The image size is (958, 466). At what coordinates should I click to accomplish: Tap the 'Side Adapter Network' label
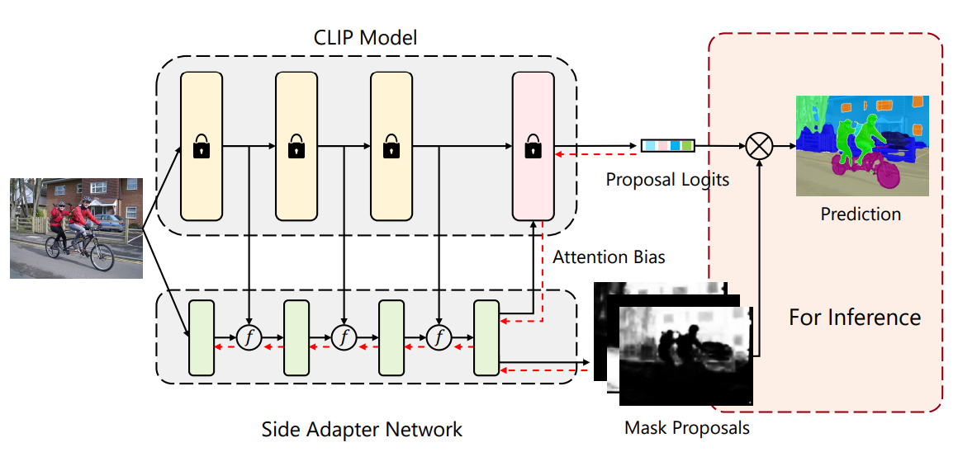[362, 430]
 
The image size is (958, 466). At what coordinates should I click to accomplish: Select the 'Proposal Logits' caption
[667, 179]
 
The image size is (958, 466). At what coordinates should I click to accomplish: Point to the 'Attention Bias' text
[609, 257]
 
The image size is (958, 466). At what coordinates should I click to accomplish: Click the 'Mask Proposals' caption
[687, 428]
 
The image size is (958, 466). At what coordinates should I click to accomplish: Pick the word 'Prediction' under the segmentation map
[861, 214]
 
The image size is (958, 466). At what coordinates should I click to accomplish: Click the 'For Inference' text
[855, 317]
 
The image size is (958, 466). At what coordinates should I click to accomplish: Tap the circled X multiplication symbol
[759, 147]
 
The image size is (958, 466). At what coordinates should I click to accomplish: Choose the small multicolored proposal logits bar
[668, 146]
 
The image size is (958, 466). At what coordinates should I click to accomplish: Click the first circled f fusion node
[249, 337]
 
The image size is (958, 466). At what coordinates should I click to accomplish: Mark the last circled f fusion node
[439, 337]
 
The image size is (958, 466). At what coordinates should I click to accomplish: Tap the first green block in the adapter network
[202, 338]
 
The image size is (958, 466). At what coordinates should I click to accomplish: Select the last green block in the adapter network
[486, 338]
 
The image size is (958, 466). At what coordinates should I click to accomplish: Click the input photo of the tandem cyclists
[76, 228]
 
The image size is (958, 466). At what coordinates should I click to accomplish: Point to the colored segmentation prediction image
[862, 145]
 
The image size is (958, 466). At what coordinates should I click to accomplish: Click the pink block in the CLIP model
[533, 146]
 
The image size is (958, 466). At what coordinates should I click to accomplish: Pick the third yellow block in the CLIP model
[391, 146]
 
